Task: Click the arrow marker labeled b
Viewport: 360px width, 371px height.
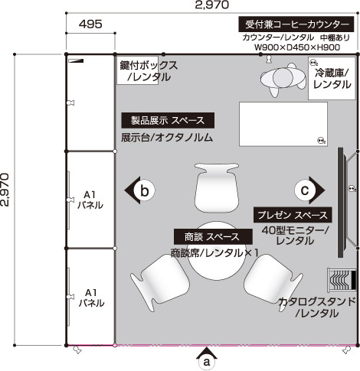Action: click(x=140, y=190)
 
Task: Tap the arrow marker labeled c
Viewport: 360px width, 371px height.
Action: click(x=309, y=190)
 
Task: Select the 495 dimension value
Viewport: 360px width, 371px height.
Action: click(x=90, y=24)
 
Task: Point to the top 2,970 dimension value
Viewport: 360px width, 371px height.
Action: click(x=211, y=5)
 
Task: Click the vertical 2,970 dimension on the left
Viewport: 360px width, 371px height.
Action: click(x=5, y=190)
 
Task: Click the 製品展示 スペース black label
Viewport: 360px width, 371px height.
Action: click(x=168, y=120)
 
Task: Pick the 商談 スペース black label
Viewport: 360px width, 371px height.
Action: click(x=213, y=236)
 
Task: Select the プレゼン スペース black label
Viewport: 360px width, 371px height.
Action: click(x=293, y=215)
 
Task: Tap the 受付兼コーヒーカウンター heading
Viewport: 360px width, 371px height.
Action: click(x=296, y=24)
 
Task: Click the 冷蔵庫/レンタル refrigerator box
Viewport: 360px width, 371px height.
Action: click(x=332, y=78)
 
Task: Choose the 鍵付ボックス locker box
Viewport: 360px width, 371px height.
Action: click(x=138, y=70)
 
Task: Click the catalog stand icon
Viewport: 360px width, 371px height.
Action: click(x=342, y=279)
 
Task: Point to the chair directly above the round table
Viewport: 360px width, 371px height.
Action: click(x=217, y=187)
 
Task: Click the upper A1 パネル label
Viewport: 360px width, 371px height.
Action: click(x=90, y=200)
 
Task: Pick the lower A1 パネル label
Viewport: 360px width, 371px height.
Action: click(x=91, y=298)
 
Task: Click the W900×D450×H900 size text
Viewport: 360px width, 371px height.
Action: click(x=297, y=47)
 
